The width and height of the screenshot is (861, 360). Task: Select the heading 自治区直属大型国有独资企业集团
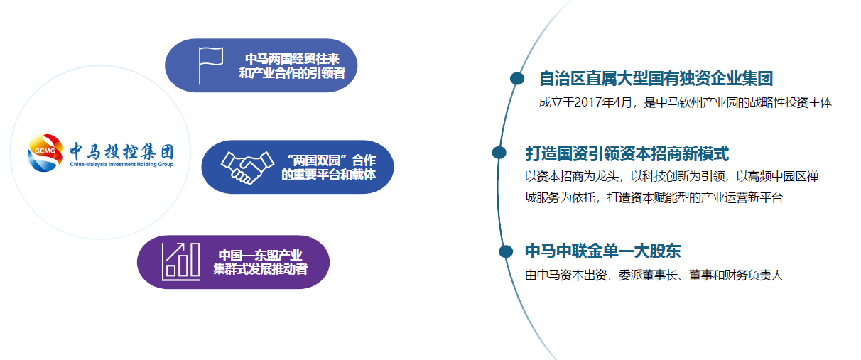[x=656, y=78]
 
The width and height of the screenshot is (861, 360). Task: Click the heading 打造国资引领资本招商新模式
[x=627, y=153]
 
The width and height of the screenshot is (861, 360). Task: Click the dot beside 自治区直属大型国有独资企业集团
[x=517, y=78]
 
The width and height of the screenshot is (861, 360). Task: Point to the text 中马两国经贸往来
[x=292, y=59]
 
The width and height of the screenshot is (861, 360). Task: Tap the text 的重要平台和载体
[x=328, y=174]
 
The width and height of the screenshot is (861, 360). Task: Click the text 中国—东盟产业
[x=261, y=255]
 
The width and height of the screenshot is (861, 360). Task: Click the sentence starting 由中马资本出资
[x=654, y=275]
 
